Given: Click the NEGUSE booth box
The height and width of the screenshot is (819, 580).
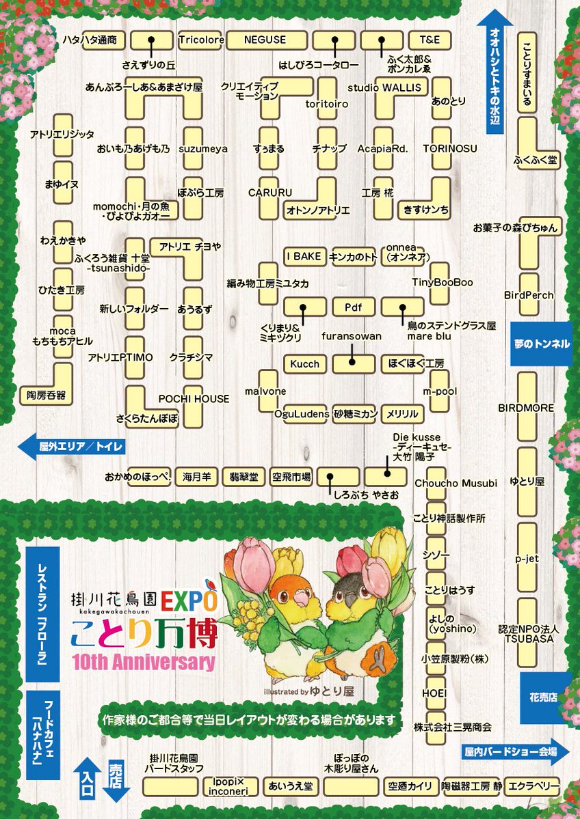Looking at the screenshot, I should pos(265,40).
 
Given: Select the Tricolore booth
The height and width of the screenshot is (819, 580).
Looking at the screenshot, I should pos(201,40).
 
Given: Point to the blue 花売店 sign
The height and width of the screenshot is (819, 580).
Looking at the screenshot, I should pos(544,698).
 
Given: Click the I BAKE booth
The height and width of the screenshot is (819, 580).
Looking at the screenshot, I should pos(304,256).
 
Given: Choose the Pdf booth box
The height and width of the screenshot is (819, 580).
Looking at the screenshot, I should pos(352,307).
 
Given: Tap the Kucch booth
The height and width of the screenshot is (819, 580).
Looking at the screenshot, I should pos(304,363).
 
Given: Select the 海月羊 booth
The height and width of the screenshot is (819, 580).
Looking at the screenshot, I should pos(196,477).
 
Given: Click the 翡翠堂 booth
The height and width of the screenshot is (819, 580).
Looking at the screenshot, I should pos(243,477).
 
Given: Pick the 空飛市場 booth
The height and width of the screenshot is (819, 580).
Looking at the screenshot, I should pos(291,477).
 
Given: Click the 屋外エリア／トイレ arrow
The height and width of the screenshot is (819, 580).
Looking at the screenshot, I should pos(71,447).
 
